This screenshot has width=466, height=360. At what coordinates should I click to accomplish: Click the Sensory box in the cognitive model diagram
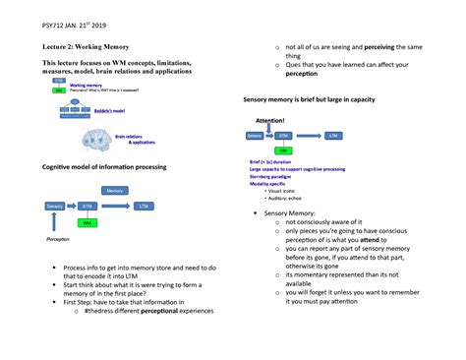click(55, 207)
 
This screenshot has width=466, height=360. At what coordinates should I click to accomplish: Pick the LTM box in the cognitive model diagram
click(145, 207)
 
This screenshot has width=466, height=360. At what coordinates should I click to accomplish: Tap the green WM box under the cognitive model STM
click(87, 223)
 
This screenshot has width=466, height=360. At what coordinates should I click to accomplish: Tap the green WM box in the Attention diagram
click(283, 150)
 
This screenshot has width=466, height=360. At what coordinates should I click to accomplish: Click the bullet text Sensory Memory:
click(293, 212)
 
